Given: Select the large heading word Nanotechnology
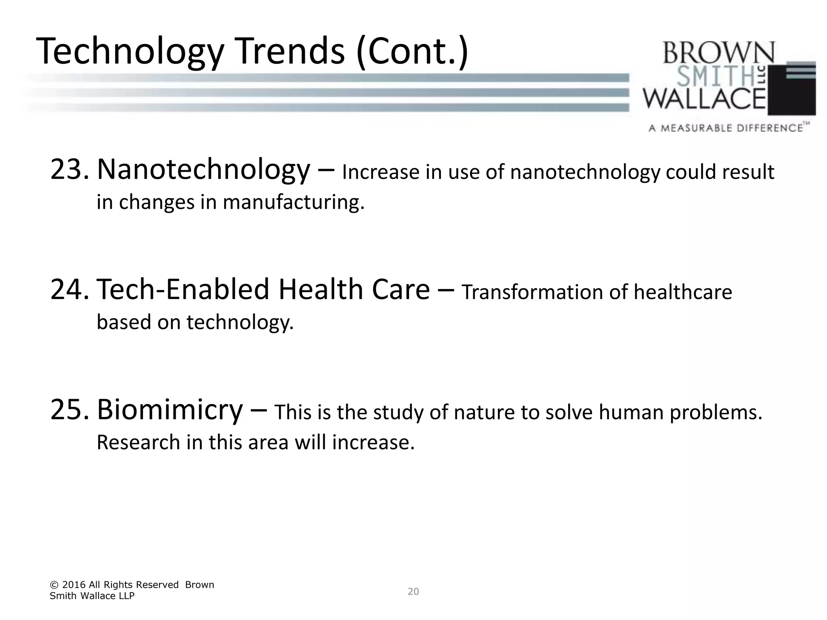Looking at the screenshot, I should click(x=203, y=170).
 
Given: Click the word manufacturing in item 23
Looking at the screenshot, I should click(x=293, y=202).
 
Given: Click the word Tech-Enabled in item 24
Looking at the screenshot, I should click(x=183, y=289).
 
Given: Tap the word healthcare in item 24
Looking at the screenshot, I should click(x=682, y=292).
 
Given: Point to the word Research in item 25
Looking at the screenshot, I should click(x=138, y=442).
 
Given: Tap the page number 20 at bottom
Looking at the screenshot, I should click(x=413, y=592).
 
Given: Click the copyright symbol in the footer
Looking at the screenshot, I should click(x=54, y=585).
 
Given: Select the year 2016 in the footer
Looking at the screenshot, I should click(x=74, y=585).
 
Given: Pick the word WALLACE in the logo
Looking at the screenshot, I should click(x=704, y=99).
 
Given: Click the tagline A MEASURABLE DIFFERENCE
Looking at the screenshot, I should click(x=726, y=128).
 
